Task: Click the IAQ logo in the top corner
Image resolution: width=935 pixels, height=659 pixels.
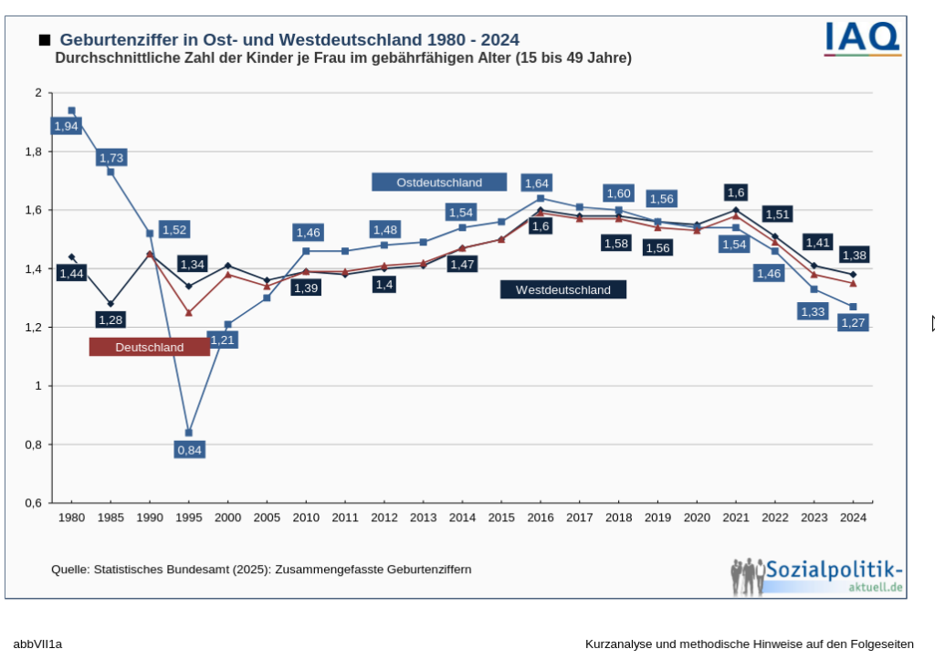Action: [862, 38]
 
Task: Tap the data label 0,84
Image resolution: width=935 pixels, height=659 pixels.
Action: [189, 449]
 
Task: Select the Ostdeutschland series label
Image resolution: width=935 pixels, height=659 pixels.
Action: [439, 183]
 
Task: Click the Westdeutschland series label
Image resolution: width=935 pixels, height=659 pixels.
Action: [563, 290]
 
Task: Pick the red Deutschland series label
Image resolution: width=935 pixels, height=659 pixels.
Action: [149, 348]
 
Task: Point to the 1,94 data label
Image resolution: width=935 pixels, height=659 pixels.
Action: [66, 126]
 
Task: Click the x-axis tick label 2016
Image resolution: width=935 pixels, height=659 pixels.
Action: [541, 518]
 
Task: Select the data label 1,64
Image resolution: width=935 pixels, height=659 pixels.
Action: [537, 183]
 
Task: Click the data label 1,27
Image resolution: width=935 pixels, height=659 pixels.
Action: [852, 323]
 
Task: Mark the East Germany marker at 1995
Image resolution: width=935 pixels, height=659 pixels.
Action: [189, 433]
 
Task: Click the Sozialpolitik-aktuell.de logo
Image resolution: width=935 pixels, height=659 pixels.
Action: [818, 576]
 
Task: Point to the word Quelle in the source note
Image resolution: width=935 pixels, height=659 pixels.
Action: [69, 570]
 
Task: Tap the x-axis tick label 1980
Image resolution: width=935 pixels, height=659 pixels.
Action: [71, 518]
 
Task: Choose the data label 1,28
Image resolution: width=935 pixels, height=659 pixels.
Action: [110, 320]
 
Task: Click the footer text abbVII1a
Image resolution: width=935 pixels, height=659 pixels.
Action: [37, 644]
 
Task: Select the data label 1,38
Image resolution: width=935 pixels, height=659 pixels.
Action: [854, 256]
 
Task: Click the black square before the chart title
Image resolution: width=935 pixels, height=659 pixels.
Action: [44, 40]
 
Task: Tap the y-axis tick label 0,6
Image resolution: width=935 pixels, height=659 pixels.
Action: [33, 503]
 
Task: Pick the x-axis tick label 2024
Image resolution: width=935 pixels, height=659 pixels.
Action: [853, 518]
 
